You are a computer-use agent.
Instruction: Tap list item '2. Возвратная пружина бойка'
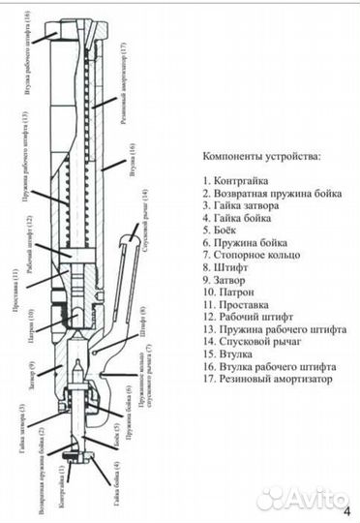[268, 193]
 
